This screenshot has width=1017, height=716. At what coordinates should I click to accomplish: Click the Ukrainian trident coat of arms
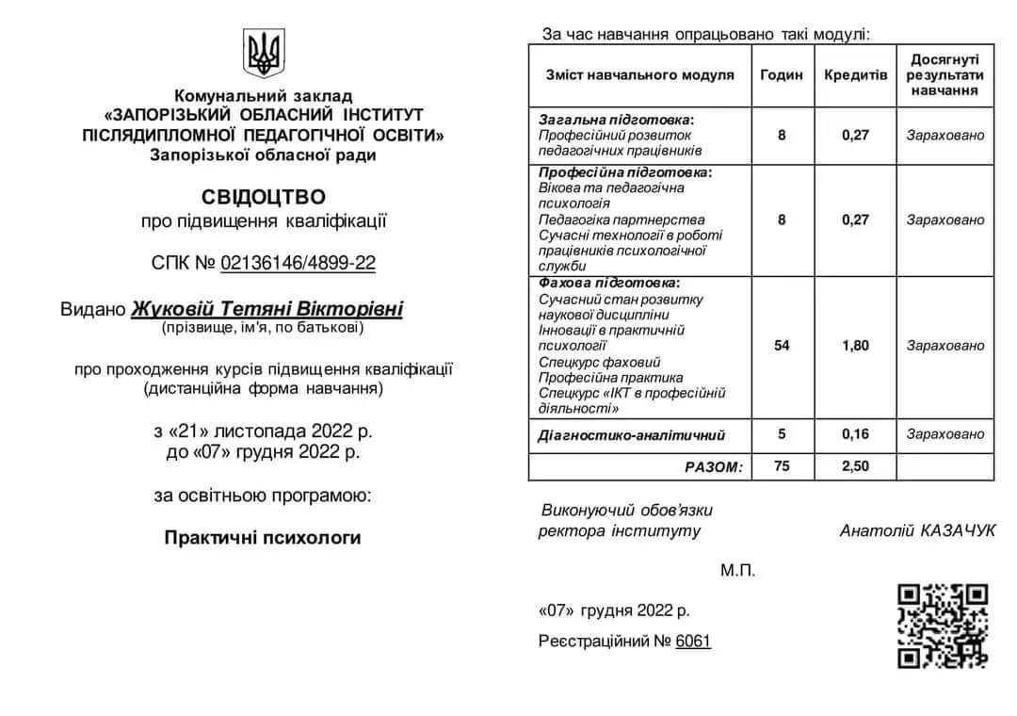[x=264, y=53]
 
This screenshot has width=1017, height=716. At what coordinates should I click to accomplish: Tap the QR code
[x=942, y=626]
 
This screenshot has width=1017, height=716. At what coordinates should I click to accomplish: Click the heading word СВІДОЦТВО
[x=264, y=197]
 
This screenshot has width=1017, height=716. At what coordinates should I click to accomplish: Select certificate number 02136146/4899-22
[x=298, y=263]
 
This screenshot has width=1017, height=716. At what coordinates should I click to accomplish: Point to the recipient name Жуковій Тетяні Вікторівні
[x=266, y=309]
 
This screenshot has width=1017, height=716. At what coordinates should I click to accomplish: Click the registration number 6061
[x=693, y=642]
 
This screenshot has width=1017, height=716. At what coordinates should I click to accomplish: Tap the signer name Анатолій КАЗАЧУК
[x=917, y=531]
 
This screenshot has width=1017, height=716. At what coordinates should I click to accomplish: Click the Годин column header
[x=782, y=74]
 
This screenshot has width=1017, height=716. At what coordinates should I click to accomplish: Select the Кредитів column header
[x=855, y=74]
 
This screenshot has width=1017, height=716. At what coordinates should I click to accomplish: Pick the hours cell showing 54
[x=782, y=346]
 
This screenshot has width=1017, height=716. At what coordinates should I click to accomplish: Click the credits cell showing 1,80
[x=855, y=346]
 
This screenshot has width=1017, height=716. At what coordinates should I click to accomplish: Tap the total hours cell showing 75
[x=782, y=466]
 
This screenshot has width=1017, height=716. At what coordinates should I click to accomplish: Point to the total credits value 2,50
[x=855, y=466]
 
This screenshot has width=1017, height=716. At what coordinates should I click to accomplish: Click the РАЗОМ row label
[x=713, y=466]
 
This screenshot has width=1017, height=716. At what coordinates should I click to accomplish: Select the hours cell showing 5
[x=782, y=434]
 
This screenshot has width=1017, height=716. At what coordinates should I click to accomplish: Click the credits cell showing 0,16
[x=855, y=434]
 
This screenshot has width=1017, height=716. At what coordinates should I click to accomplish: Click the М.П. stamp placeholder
[x=738, y=571]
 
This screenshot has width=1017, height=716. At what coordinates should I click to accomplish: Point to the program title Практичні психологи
[x=263, y=538]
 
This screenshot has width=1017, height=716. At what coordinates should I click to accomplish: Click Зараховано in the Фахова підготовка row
[x=944, y=346]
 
